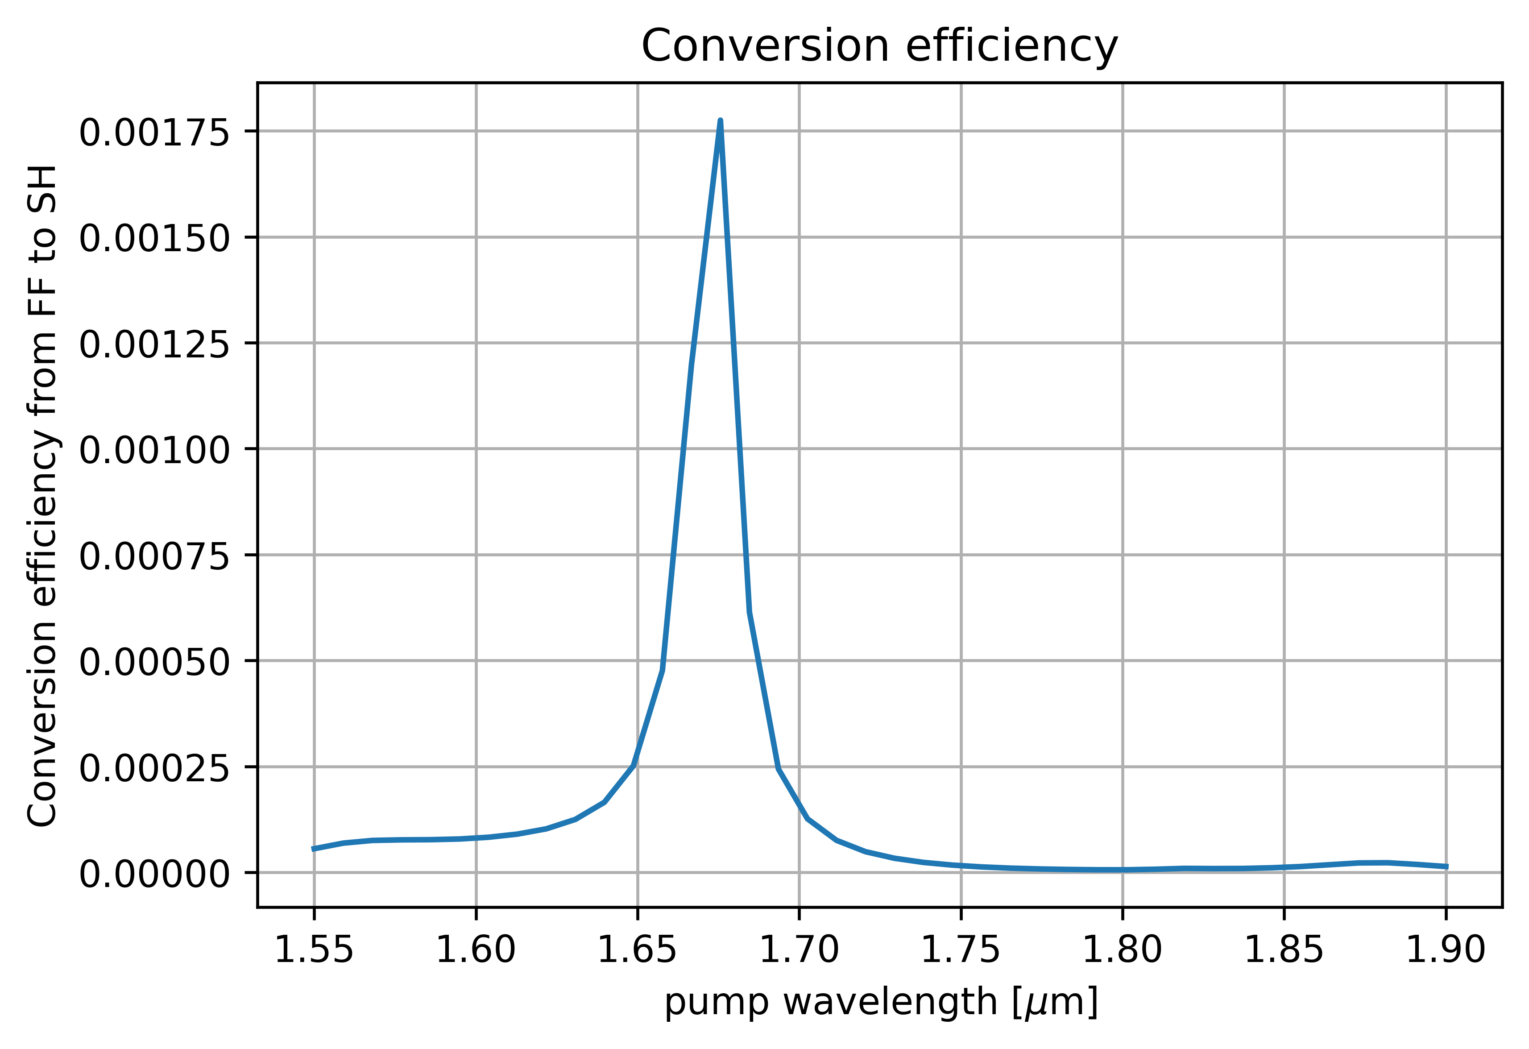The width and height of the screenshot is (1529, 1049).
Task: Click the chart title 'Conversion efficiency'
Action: click(880, 47)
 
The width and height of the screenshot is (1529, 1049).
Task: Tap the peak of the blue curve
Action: click(721, 121)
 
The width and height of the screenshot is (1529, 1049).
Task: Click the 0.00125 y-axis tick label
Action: click(155, 345)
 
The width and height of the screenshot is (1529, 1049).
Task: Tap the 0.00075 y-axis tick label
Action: click(155, 557)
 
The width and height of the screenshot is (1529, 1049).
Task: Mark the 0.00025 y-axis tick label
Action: click(155, 769)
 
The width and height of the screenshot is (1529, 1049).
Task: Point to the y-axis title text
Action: click(43, 495)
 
